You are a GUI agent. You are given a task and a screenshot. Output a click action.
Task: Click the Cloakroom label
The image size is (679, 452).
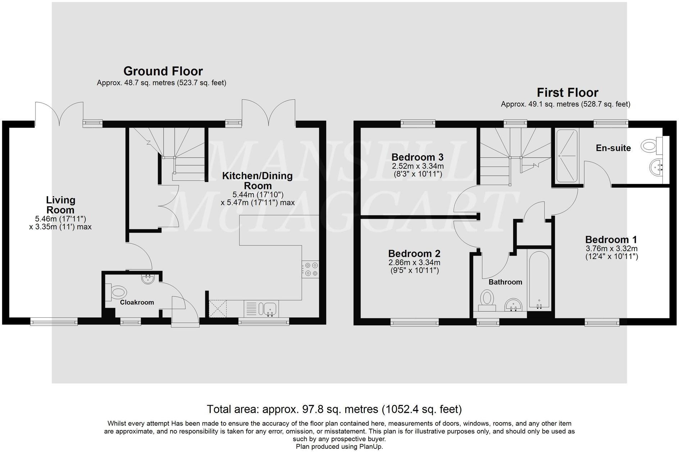[137, 302]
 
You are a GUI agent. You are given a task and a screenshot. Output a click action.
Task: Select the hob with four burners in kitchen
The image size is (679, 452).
[310, 269]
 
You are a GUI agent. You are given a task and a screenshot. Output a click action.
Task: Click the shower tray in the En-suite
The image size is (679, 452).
[567, 156]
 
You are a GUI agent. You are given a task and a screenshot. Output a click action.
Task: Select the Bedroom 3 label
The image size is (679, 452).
[417, 157]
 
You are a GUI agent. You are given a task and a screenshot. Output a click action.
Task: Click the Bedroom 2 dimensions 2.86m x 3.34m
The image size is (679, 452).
[415, 263]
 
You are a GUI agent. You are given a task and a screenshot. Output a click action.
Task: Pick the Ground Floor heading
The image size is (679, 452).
[163, 71]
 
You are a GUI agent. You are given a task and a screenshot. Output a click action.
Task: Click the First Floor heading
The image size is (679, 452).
[567, 92]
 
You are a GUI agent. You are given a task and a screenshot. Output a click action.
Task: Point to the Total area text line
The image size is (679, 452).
[334, 409]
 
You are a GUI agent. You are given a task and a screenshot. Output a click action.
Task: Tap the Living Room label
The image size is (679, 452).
[60, 205]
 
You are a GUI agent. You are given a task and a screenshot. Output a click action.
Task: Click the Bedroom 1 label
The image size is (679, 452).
[611, 240]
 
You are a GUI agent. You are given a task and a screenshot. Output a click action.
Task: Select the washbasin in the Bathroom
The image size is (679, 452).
[513, 304]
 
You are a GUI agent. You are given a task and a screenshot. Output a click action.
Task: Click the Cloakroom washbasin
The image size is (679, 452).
[148, 279]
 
